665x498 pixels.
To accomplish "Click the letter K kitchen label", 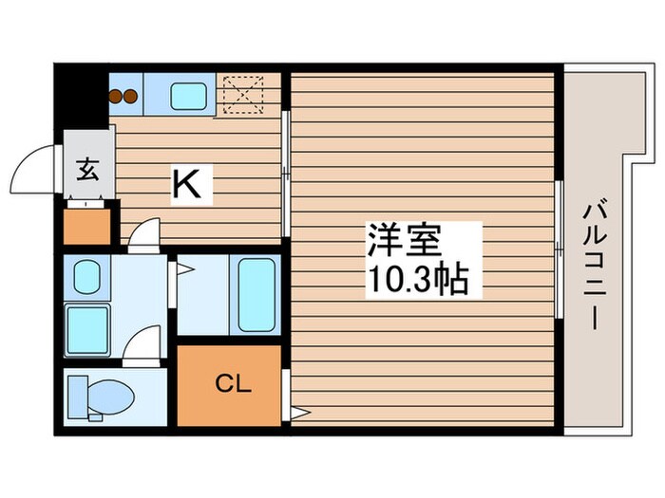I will [186, 183].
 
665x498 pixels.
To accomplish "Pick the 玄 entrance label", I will [86, 171].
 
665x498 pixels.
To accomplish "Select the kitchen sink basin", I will [190, 95].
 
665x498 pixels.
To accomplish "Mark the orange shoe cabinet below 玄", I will [86, 226].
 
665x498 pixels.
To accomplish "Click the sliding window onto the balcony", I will [559, 249].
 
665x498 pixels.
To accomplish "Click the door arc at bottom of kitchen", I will [144, 233].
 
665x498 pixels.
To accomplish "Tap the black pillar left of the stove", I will [81, 96].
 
